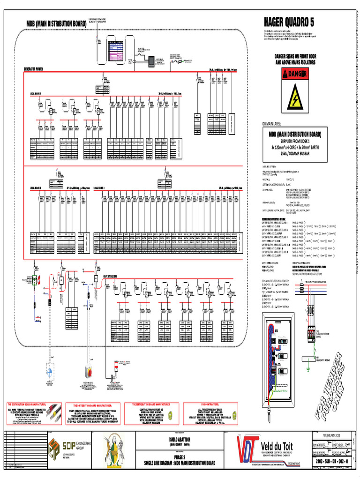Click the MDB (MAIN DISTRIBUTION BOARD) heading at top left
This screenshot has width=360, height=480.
tap(56, 23)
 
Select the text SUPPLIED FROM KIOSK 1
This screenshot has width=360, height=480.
tap(295, 141)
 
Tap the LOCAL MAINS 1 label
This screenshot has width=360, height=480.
tap(36, 93)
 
